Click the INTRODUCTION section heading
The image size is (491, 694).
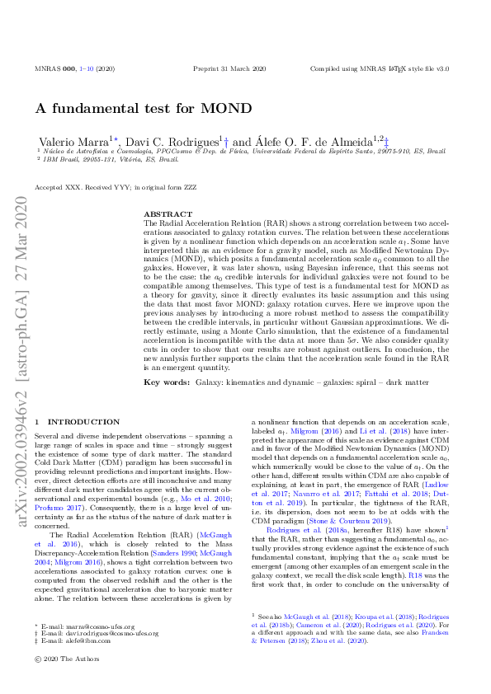83,421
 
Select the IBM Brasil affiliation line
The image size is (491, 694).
101,159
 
